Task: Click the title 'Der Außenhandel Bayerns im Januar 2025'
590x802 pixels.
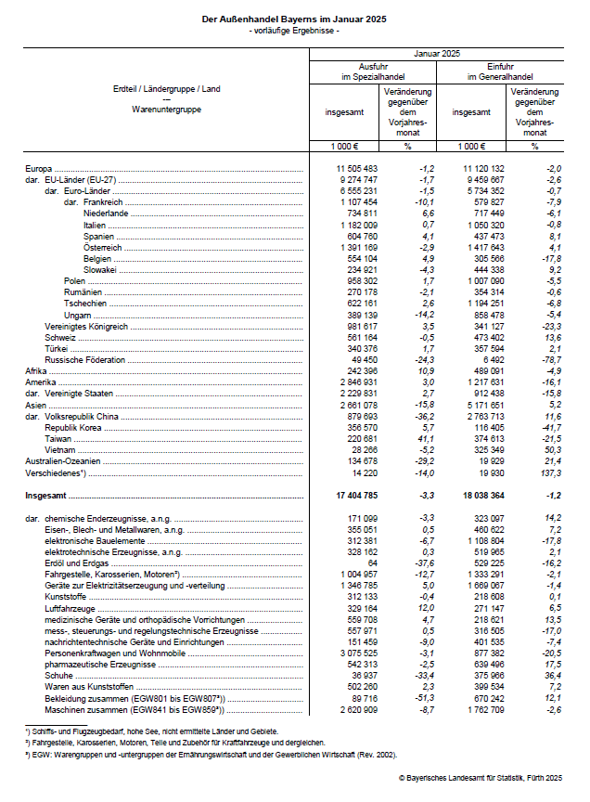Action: coord(294,19)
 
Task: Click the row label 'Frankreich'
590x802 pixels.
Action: coord(103,201)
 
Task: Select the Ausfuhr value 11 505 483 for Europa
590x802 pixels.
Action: coord(356,167)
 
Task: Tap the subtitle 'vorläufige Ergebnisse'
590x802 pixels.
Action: coord(294,32)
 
